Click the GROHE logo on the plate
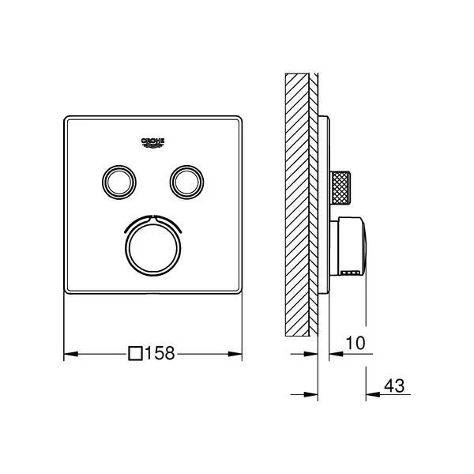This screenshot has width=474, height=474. (x=152, y=141)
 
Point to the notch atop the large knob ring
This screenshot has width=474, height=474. (x=152, y=216)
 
